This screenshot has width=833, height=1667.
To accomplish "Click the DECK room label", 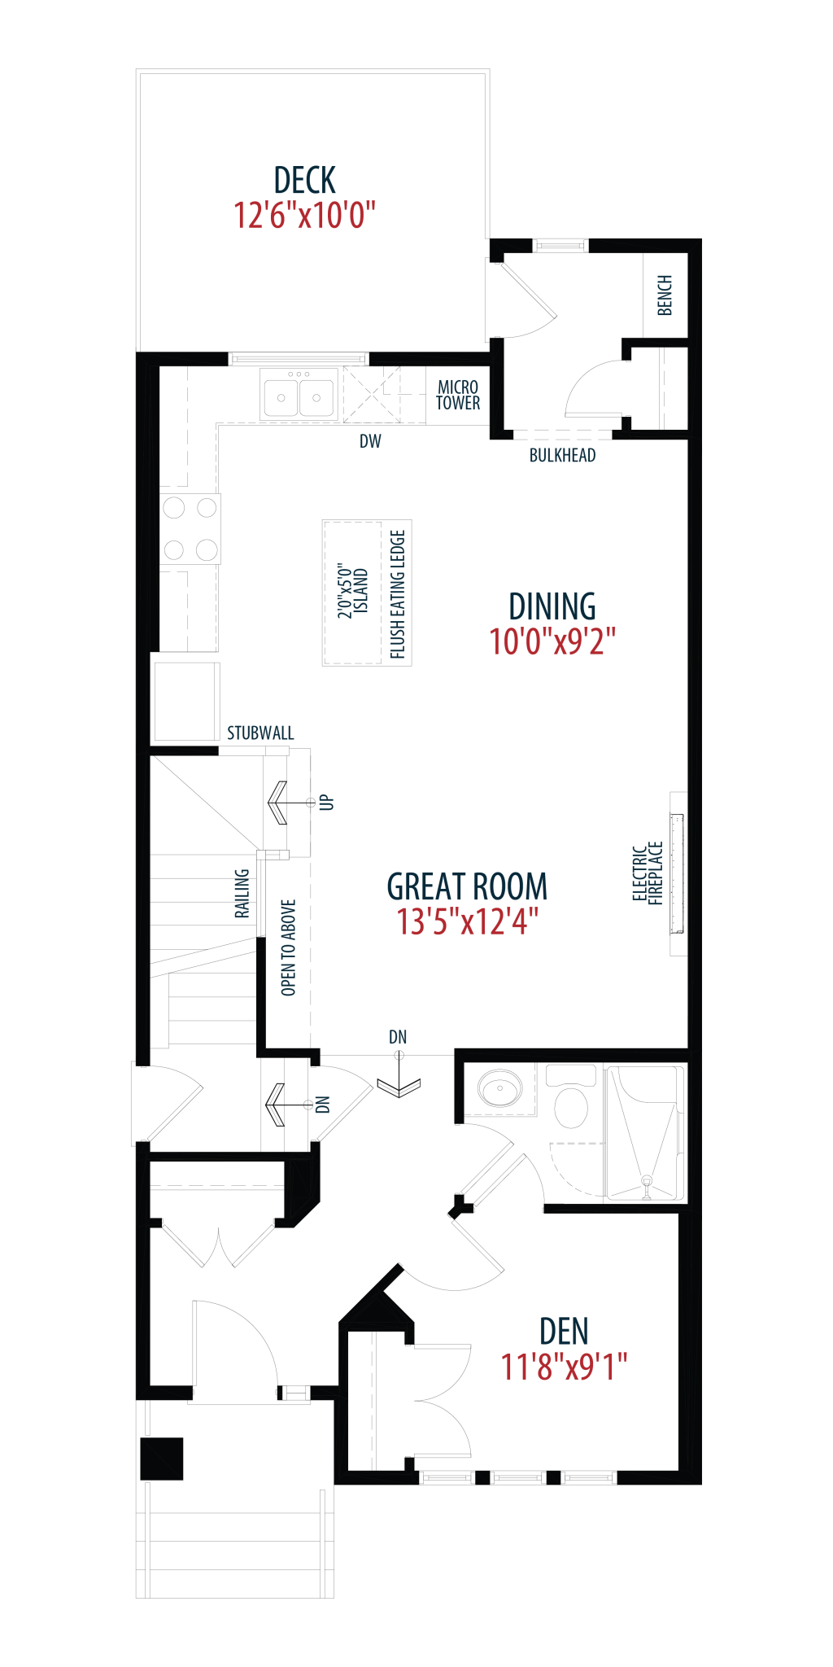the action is pyautogui.click(x=305, y=180).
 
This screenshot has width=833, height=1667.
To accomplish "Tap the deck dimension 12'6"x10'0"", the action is pyautogui.click(x=305, y=216).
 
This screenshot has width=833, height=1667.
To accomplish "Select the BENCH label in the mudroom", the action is pyautogui.click(x=665, y=295).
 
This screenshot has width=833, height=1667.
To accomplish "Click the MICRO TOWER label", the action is pyautogui.click(x=458, y=395).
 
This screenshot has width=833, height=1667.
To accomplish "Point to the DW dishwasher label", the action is pyautogui.click(x=370, y=441).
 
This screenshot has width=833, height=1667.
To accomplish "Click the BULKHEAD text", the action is pyautogui.click(x=562, y=456).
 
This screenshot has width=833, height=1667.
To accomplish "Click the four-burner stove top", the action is pyautogui.click(x=190, y=528).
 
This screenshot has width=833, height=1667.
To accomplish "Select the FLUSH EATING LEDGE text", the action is pyautogui.click(x=398, y=594).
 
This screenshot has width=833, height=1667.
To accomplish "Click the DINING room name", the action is pyautogui.click(x=552, y=606).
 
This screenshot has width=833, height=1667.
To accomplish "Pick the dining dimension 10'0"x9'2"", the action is pyautogui.click(x=552, y=642).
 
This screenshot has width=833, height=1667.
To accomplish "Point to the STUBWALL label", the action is pyautogui.click(x=260, y=733).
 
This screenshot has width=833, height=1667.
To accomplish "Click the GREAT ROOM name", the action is pyautogui.click(x=467, y=886).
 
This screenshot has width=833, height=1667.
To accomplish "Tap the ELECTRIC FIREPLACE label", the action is pyautogui.click(x=648, y=873).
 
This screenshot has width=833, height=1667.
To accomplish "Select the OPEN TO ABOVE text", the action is pyautogui.click(x=289, y=947).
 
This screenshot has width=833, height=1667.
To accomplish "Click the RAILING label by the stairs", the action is pyautogui.click(x=242, y=894).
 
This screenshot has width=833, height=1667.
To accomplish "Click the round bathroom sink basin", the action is pyautogui.click(x=499, y=1088).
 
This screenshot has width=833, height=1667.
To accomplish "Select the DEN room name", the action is pyautogui.click(x=564, y=1332).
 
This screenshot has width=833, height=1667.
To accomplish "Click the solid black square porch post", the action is pyautogui.click(x=162, y=1459).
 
